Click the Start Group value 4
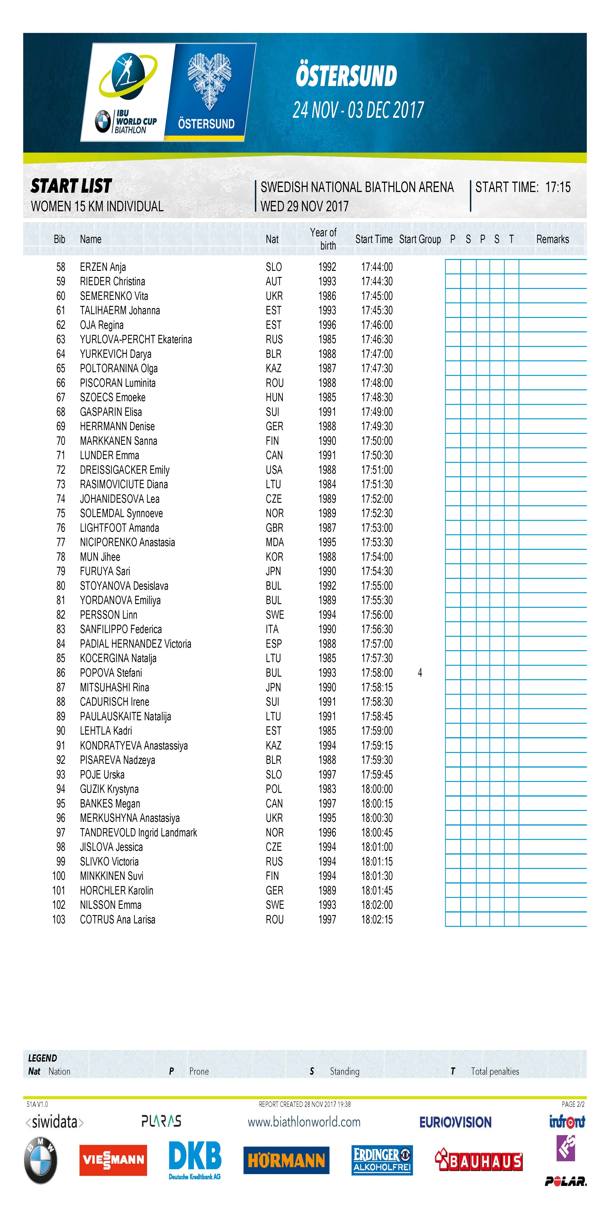(420, 673)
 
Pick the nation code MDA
(274, 542)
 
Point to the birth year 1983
(327, 789)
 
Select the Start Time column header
(374, 239)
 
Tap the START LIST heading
(71, 186)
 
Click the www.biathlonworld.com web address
(304, 1122)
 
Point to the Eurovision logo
(455, 1122)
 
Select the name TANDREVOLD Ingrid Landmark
(138, 833)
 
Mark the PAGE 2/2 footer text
(573, 1104)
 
